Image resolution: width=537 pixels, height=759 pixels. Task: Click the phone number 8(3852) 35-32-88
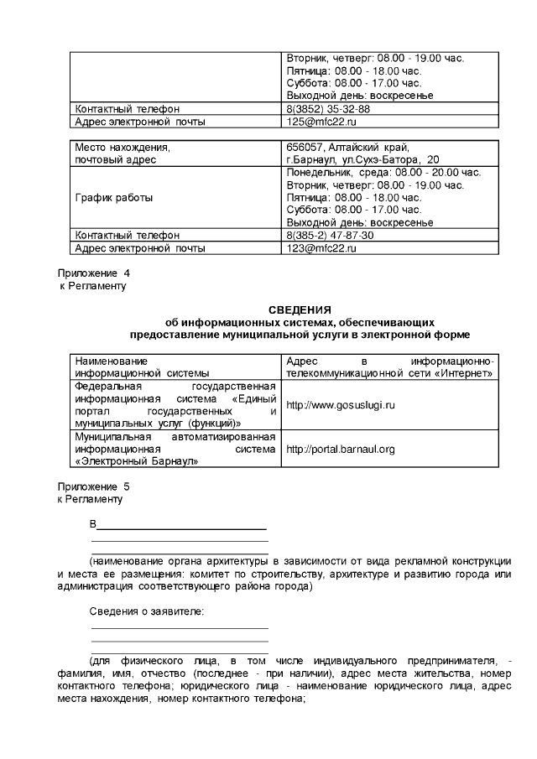(328, 109)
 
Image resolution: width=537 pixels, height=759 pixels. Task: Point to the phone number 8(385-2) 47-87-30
(330, 236)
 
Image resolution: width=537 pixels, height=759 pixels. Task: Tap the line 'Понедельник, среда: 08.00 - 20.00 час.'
(383, 172)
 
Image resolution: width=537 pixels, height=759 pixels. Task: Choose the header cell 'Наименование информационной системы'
(142, 367)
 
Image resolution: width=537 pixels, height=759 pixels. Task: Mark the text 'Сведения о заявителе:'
(147, 611)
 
